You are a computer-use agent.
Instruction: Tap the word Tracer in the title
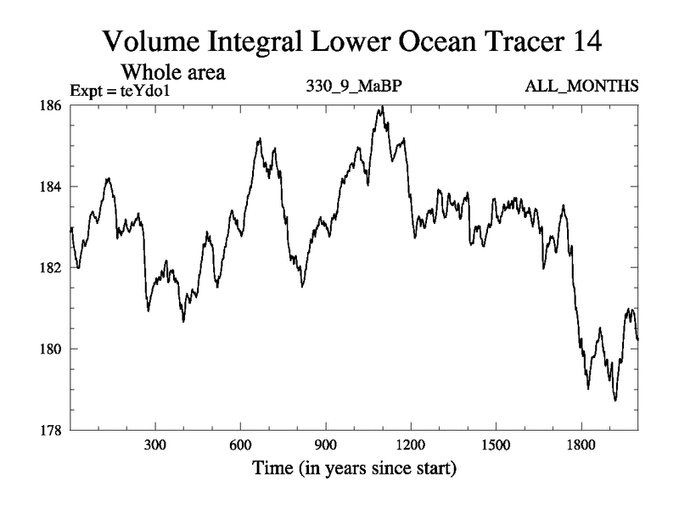click(521, 41)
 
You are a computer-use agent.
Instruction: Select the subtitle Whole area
click(174, 71)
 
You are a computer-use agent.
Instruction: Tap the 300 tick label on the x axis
click(155, 445)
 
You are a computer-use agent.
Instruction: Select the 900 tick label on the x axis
click(325, 445)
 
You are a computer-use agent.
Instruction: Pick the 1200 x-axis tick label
click(410, 445)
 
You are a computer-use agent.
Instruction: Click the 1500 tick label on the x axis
click(496, 445)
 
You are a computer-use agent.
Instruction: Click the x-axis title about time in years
click(353, 468)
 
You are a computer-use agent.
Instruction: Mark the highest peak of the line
click(382, 107)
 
